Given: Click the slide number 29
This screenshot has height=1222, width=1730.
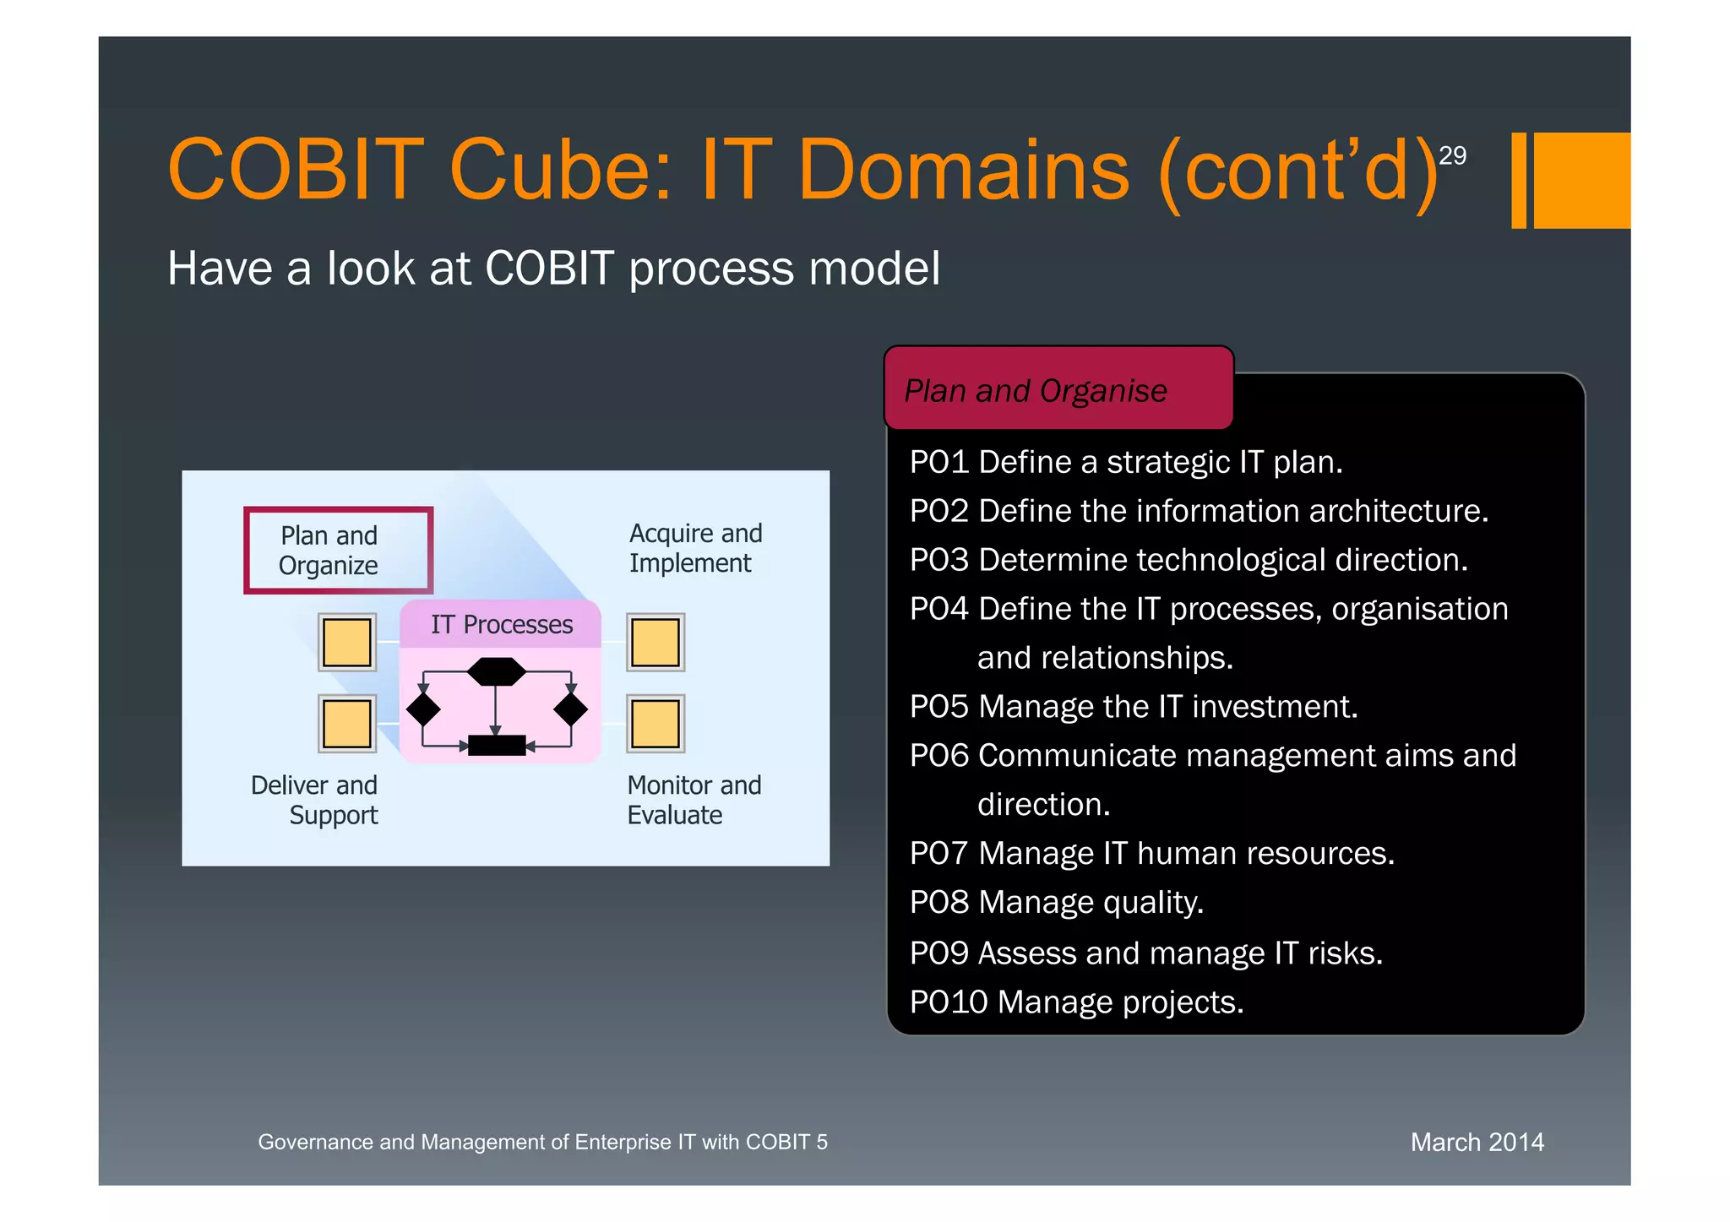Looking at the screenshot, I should click(x=1452, y=155).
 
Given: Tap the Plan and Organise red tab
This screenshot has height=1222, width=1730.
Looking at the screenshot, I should click(x=1058, y=389).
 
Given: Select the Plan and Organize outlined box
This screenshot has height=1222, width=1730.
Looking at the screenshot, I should click(x=338, y=550).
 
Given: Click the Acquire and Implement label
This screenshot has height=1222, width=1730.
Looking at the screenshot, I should click(x=694, y=548).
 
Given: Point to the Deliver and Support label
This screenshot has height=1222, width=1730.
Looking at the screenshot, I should click(x=314, y=799).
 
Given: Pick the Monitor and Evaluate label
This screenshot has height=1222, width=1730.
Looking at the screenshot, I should click(x=693, y=799).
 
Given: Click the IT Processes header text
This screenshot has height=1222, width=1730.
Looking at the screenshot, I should click(x=501, y=624).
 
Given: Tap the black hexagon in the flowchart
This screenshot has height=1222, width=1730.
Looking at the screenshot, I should click(x=497, y=672).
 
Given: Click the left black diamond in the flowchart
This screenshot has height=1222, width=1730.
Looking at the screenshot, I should click(x=423, y=709).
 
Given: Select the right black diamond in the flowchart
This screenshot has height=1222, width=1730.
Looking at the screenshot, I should click(x=571, y=709).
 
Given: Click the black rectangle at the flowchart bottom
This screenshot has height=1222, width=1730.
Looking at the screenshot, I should click(x=497, y=745).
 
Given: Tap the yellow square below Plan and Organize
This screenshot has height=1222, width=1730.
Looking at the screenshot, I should click(x=347, y=643).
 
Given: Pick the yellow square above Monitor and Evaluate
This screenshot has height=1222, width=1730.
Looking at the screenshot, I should click(x=656, y=724).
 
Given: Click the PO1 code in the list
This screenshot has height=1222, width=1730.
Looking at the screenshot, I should click(x=938, y=462).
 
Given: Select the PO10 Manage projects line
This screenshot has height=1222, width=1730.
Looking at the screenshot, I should click(x=1076, y=1002).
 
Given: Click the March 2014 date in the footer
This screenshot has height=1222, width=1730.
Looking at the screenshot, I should click(x=1477, y=1142).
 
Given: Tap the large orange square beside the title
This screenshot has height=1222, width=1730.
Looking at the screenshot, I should click(x=1581, y=180).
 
